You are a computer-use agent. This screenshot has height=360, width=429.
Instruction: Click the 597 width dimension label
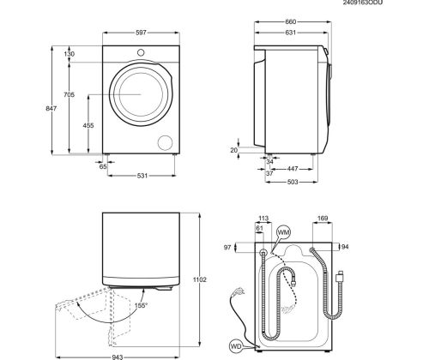(x=141, y=33)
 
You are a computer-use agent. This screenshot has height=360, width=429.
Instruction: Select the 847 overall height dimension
(x=51, y=108)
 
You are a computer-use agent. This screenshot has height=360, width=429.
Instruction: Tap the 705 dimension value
(x=69, y=94)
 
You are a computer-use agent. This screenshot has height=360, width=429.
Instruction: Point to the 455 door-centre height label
(x=88, y=125)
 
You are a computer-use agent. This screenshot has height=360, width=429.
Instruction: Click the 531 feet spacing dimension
(x=142, y=176)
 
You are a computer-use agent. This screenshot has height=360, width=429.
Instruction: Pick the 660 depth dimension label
(x=291, y=21)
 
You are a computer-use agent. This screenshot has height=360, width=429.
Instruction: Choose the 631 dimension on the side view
(x=290, y=33)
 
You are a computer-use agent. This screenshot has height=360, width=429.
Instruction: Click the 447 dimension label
(x=293, y=169)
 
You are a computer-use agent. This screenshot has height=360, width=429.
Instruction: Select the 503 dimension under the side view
(x=293, y=182)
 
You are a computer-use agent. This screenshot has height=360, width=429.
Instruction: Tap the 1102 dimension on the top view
(x=199, y=280)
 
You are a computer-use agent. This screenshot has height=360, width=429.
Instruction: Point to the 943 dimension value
(x=118, y=357)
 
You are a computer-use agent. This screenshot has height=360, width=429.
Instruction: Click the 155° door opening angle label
(x=142, y=305)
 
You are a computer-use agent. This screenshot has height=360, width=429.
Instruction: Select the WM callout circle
(x=284, y=232)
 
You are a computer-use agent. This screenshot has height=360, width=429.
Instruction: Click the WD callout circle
(x=236, y=346)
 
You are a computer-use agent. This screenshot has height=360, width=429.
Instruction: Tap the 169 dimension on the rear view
(x=323, y=219)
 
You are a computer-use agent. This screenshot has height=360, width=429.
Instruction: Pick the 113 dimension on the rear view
(x=263, y=219)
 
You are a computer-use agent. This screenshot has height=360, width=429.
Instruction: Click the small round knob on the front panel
(x=141, y=52)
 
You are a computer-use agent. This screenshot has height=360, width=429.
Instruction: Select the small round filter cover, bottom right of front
(x=166, y=142)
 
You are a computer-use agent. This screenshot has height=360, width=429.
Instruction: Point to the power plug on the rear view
(x=237, y=292)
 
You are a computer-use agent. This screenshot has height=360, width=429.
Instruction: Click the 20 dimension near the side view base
(x=234, y=150)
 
